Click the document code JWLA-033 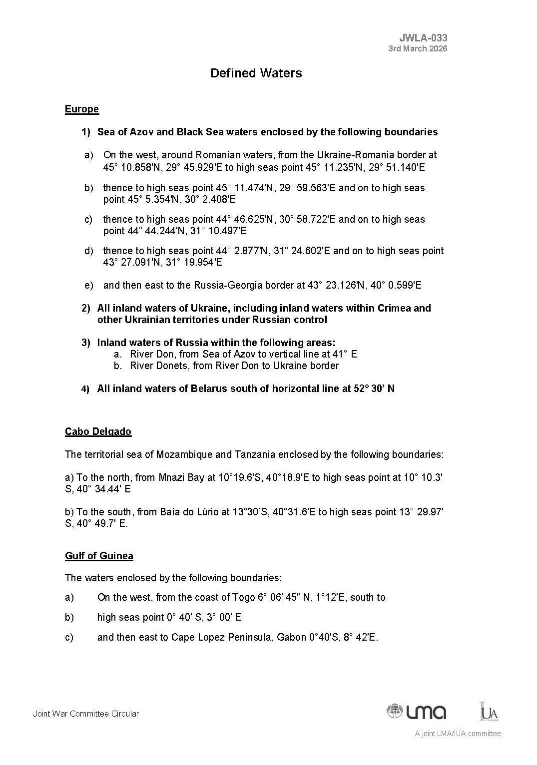(x=423, y=37)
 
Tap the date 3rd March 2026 (x=418, y=48)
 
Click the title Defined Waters (x=256, y=73)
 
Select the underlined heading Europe (x=82, y=109)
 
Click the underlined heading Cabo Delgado (x=98, y=431)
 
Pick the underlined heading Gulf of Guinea (x=99, y=556)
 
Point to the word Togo (x=243, y=597)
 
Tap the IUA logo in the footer (x=489, y=711)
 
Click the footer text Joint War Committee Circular (x=86, y=714)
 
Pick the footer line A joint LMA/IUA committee (x=457, y=734)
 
